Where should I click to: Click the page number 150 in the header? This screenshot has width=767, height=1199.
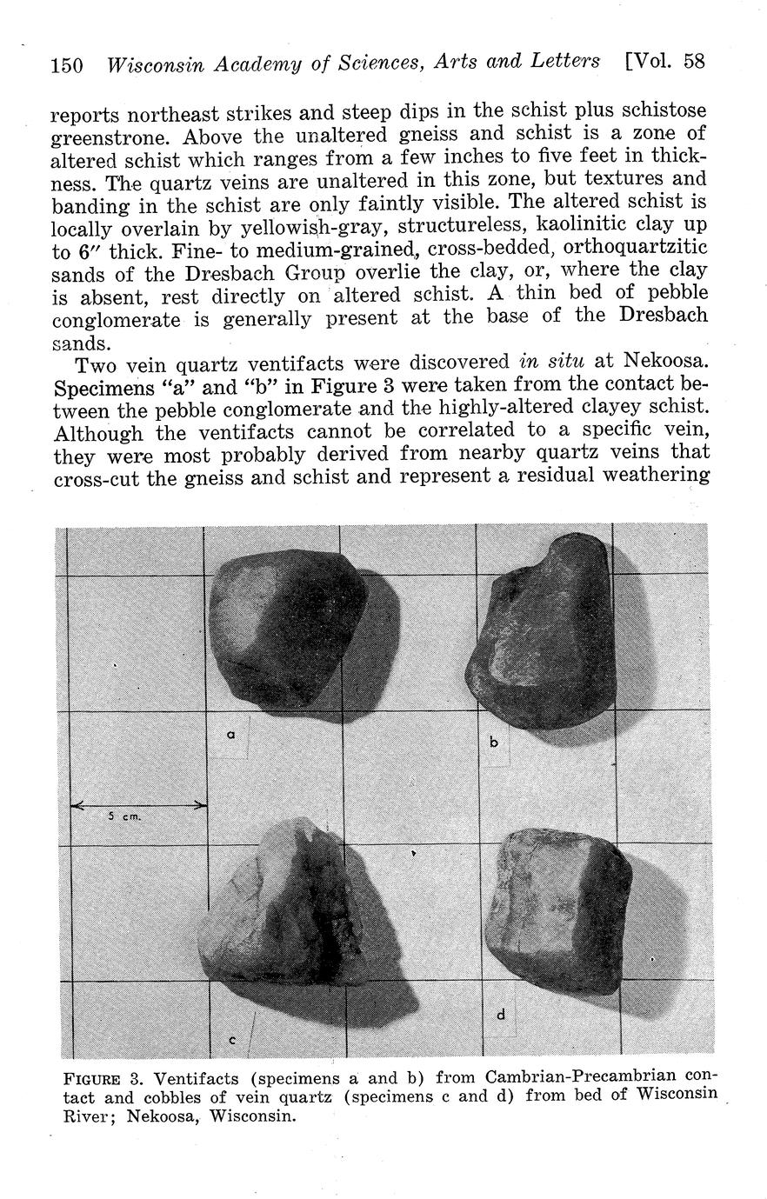[x=67, y=65]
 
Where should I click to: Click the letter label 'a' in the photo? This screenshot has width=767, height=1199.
[x=230, y=735]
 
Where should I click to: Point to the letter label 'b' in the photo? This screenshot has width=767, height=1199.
[x=494, y=742]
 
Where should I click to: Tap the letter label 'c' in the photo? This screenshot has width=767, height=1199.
[x=232, y=1039]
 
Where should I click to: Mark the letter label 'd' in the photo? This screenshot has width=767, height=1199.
[x=501, y=1014]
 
